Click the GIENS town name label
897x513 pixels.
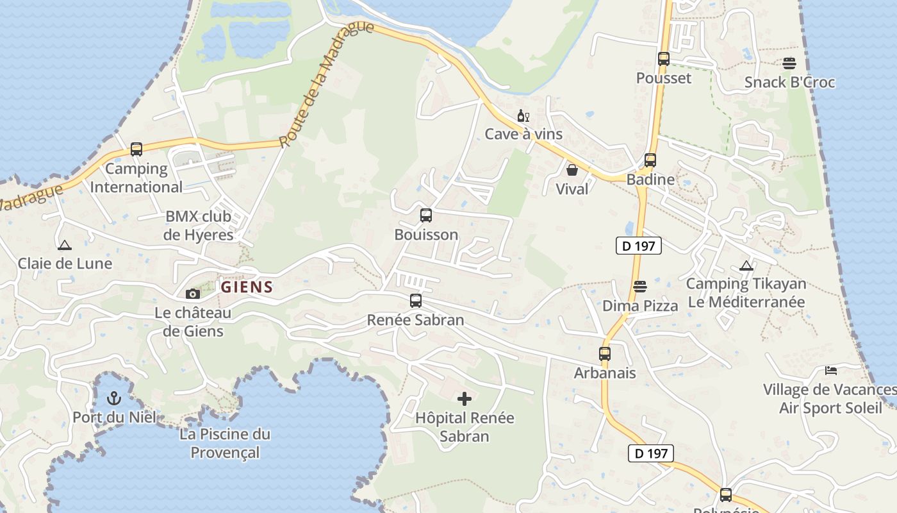(x=247, y=287)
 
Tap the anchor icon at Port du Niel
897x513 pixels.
(x=114, y=398)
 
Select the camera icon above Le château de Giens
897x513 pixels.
(x=192, y=294)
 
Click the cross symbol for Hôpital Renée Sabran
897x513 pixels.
(x=465, y=399)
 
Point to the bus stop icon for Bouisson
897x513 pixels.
(x=426, y=215)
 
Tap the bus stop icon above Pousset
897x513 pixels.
(x=664, y=59)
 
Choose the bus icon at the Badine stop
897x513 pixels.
(x=650, y=160)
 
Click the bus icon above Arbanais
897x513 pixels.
(x=605, y=353)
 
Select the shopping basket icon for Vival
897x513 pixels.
(x=572, y=170)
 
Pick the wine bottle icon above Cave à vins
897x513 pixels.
(x=523, y=116)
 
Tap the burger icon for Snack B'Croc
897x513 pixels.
(x=789, y=63)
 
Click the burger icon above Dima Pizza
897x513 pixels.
(x=640, y=286)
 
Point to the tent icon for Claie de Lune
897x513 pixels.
(x=64, y=245)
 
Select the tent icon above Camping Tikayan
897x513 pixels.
(x=746, y=265)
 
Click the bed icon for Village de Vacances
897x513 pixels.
(x=831, y=371)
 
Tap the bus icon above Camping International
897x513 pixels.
(x=136, y=149)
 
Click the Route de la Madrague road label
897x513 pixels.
(x=326, y=84)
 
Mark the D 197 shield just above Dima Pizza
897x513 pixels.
(x=638, y=246)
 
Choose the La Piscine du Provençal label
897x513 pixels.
(x=225, y=443)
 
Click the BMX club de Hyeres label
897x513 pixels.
(x=199, y=226)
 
